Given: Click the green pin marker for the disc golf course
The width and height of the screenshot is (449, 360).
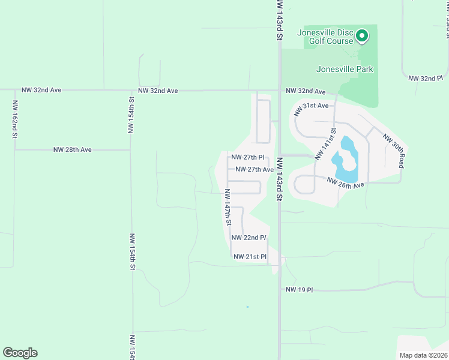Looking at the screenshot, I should [362, 37].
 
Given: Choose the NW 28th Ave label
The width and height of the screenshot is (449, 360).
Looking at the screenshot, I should [72, 149].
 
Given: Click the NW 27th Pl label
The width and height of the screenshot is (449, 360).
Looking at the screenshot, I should [248, 158].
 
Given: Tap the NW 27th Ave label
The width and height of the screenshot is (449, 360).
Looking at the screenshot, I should [255, 169].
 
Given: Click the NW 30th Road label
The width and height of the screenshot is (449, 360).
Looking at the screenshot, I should [394, 151].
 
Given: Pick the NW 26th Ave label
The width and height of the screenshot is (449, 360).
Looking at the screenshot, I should [346, 182].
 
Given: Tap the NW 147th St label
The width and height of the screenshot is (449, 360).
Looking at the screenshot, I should [228, 207].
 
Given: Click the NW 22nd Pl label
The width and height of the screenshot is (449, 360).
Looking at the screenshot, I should [249, 238].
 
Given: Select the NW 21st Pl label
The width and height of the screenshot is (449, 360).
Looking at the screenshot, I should [250, 257].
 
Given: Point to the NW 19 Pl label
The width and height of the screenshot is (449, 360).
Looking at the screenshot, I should [300, 290].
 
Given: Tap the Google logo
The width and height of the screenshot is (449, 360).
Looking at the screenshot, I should [20, 353].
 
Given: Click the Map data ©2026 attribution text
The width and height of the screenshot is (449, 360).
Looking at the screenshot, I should [423, 355].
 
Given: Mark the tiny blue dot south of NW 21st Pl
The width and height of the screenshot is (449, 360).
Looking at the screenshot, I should [247, 307].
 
